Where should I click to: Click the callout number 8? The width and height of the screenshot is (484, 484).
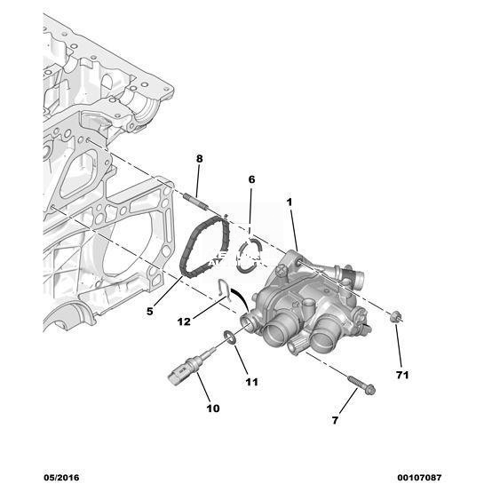[x=200, y=159]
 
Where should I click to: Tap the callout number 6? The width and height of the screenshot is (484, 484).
[x=252, y=179]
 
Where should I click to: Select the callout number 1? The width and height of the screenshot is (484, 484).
[x=290, y=202]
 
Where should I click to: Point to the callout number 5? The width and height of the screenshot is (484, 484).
[x=150, y=311]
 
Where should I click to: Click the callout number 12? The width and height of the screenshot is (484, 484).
[x=184, y=322]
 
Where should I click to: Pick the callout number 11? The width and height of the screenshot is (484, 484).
[x=251, y=382]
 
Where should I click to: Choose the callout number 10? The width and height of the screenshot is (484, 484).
[x=213, y=409]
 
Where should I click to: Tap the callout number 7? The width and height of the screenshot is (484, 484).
[x=335, y=420]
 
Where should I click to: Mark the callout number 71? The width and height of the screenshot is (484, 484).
[x=402, y=375]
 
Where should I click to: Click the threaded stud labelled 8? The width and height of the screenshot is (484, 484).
[x=196, y=202]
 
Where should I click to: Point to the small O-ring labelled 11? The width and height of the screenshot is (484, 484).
[x=230, y=337]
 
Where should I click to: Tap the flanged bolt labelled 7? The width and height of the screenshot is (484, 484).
[x=361, y=385]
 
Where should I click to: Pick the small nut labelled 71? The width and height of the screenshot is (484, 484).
[x=395, y=317]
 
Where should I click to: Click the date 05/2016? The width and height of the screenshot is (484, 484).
[x=61, y=478]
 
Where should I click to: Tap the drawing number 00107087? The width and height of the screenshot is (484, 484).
[x=419, y=478]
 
